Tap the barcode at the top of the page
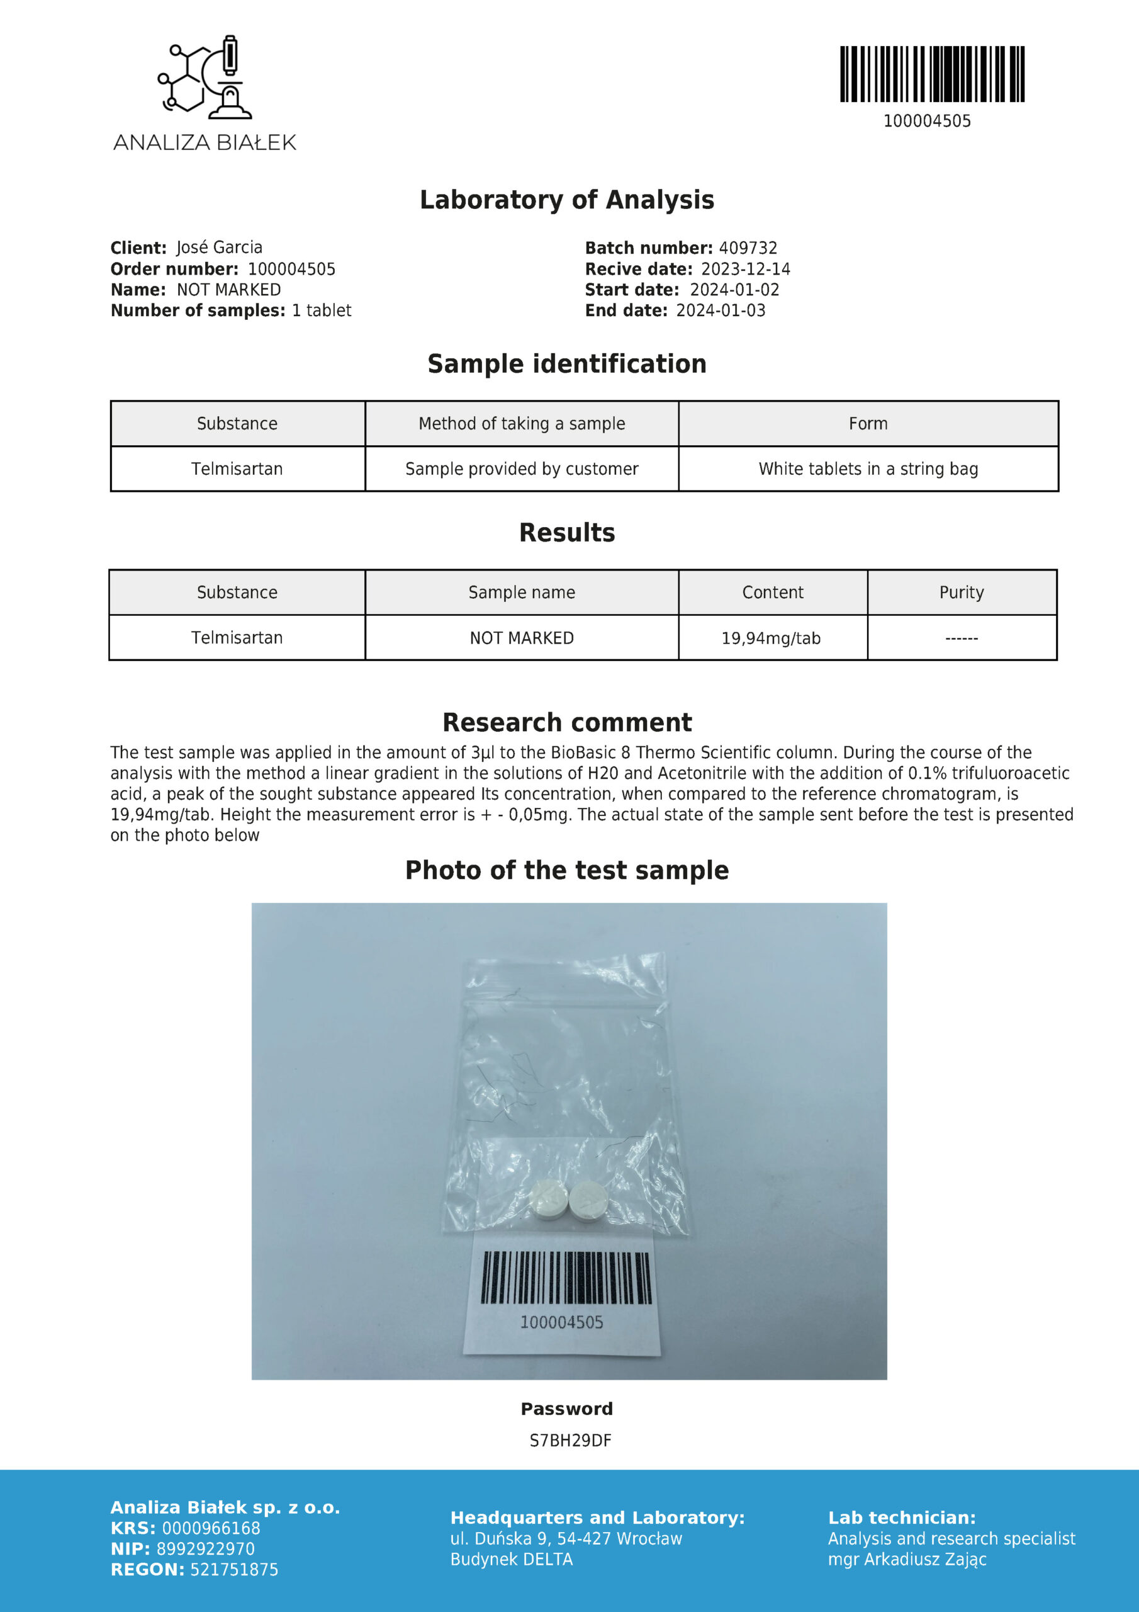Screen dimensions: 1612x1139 pyautogui.click(x=932, y=74)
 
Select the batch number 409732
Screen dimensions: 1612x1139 pyautogui.click(x=748, y=248)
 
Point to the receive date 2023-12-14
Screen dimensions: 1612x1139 pyautogui.click(x=745, y=269)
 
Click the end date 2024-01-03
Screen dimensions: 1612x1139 pyautogui.click(x=721, y=310)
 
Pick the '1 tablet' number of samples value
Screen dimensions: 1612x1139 pyautogui.click(x=322, y=310)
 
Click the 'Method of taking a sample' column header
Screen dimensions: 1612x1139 pyautogui.click(x=522, y=423)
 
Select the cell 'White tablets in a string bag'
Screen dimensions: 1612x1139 pyautogui.click(x=868, y=469)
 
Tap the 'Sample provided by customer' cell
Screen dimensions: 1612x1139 pyautogui.click(x=522, y=469)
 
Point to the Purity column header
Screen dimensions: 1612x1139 pyautogui.click(x=962, y=593)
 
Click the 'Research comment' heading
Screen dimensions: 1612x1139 pyautogui.click(x=567, y=722)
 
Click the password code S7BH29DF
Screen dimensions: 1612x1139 pyautogui.click(x=571, y=1441)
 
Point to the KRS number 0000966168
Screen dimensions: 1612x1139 pyautogui.click(x=211, y=1528)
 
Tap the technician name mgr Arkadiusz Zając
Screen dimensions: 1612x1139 pyautogui.click(x=907, y=1559)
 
